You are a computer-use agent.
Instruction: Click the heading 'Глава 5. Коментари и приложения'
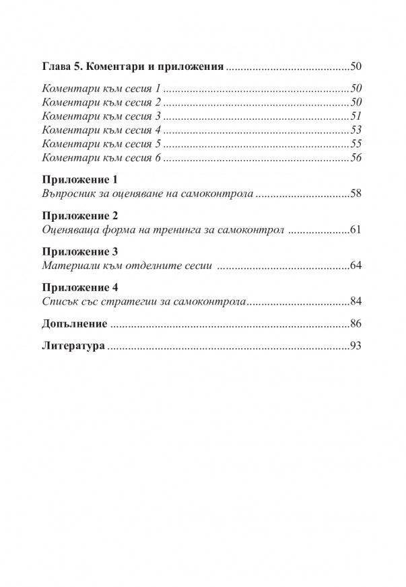click(x=133, y=67)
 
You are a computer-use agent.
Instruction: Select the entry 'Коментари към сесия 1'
click(x=102, y=89)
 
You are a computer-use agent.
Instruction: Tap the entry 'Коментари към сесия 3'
click(x=102, y=116)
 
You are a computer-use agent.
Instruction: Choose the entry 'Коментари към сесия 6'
click(x=102, y=158)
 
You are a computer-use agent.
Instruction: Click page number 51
click(x=357, y=116)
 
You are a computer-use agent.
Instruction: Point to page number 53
click(x=357, y=130)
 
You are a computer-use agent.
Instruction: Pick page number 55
click(x=357, y=144)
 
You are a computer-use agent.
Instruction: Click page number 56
click(x=357, y=158)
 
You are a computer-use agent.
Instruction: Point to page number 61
click(x=357, y=230)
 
